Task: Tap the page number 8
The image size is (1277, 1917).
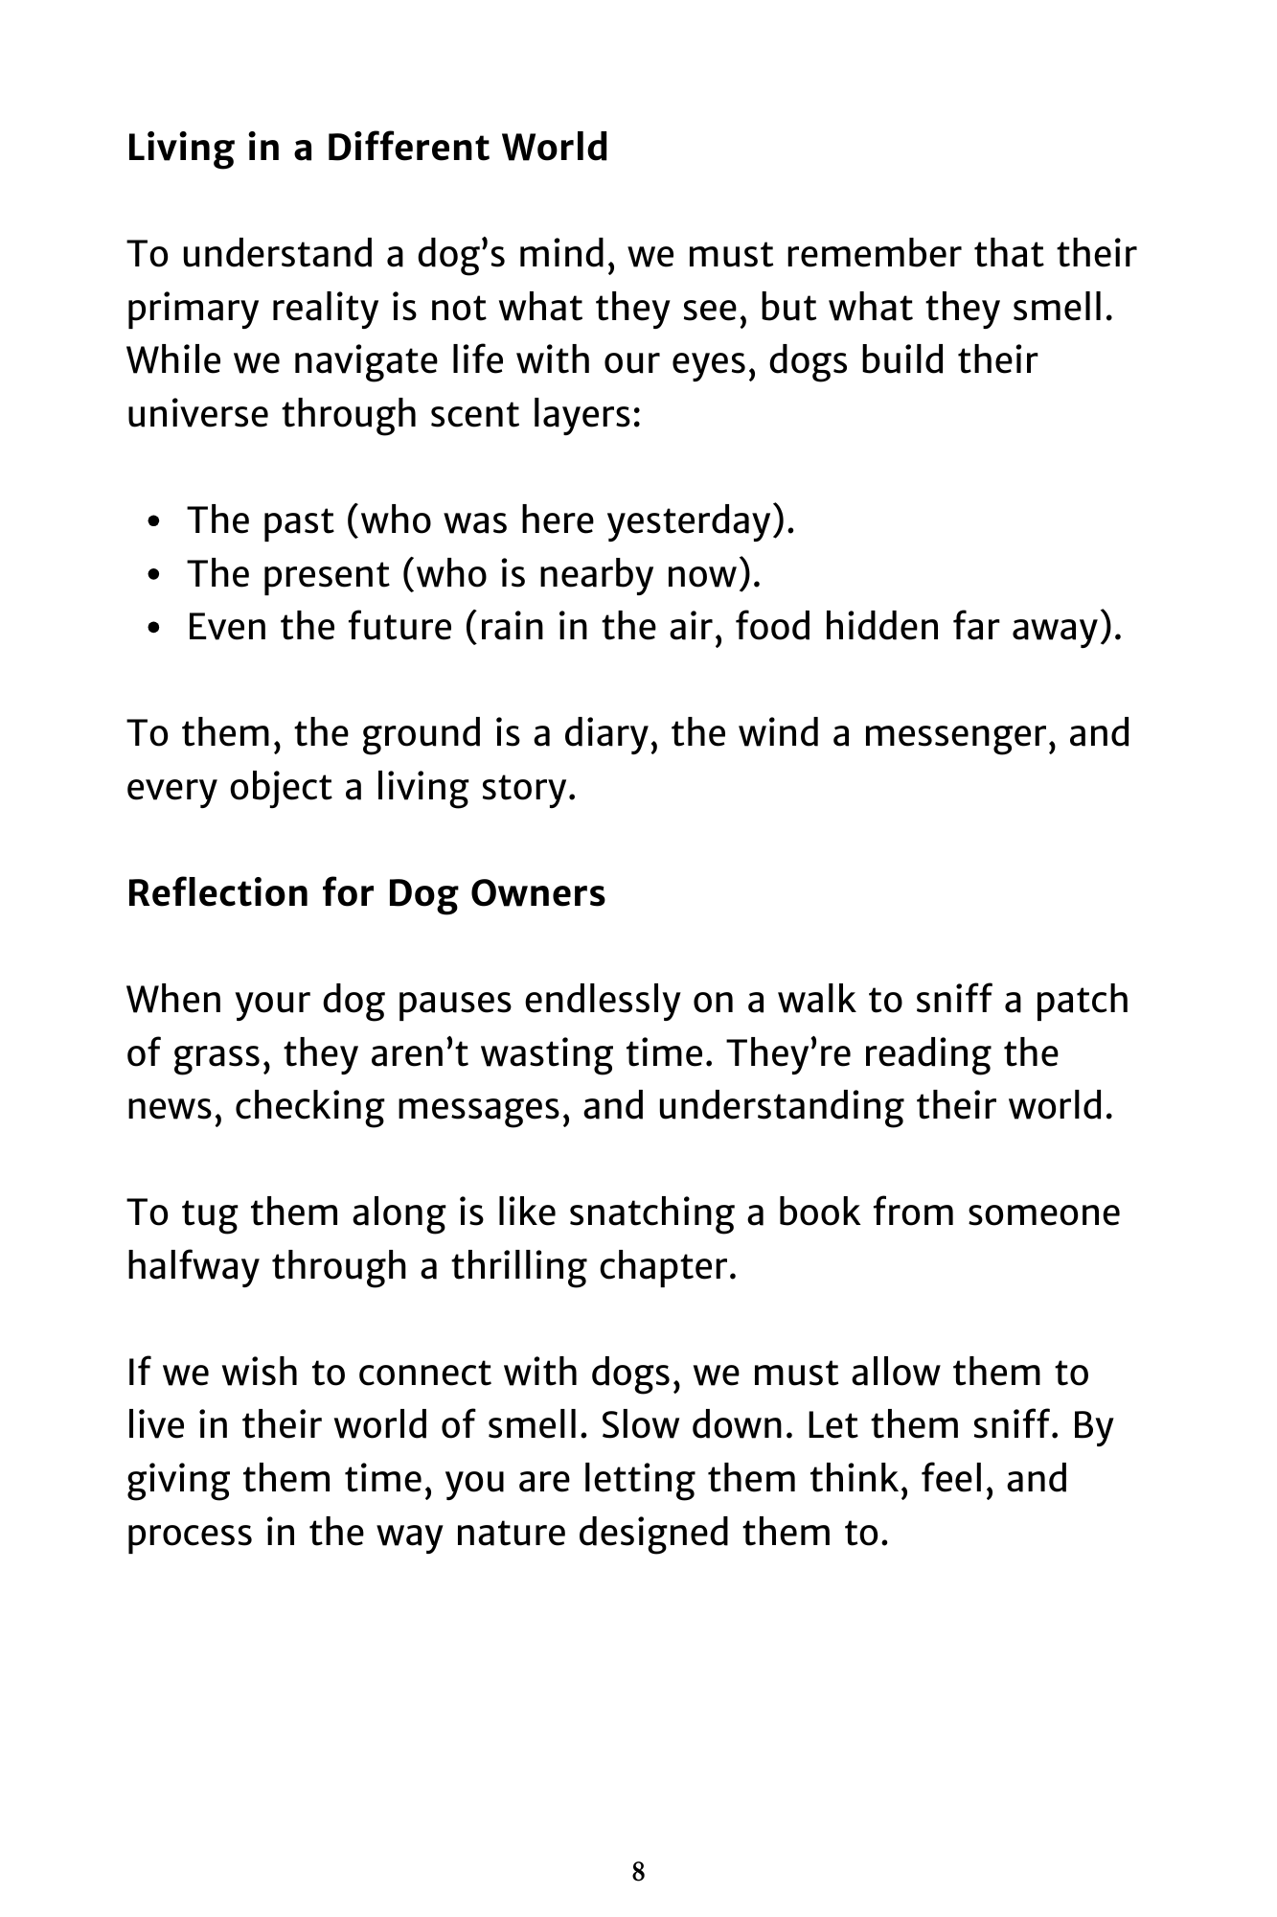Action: (638, 1872)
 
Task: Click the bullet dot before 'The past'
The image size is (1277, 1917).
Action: (157, 523)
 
